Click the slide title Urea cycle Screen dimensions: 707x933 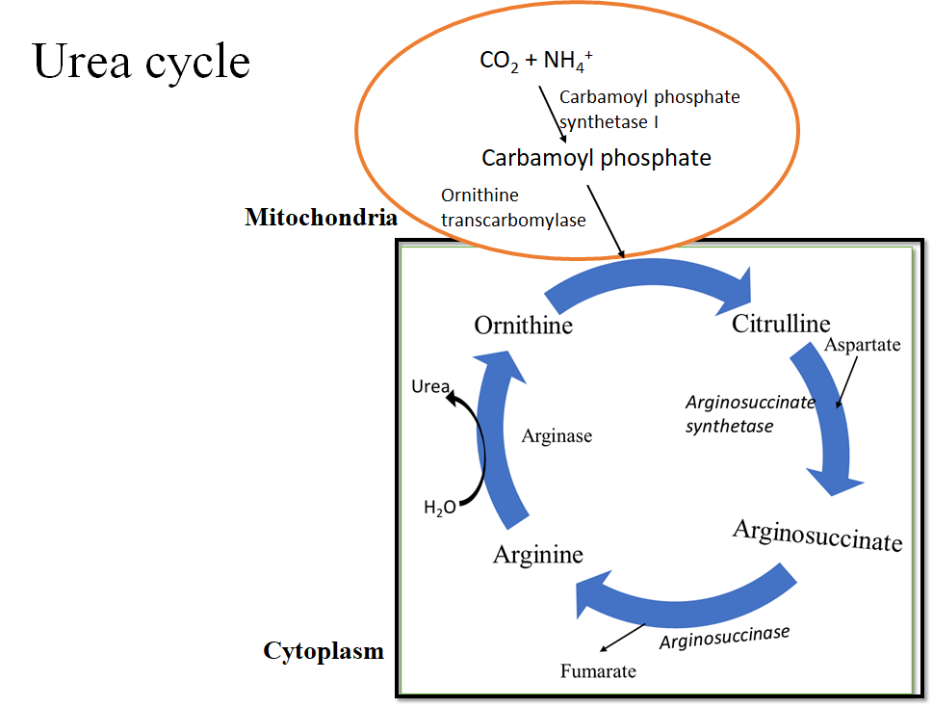point(142,62)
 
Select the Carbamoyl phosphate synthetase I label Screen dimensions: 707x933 point(649,109)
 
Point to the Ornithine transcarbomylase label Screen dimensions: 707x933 point(512,208)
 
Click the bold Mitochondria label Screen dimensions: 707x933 point(321,217)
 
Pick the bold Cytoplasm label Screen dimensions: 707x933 point(324,652)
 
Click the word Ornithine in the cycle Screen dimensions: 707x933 point(523,326)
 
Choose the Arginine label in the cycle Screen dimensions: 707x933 point(537,555)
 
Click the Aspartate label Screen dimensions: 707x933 point(863,344)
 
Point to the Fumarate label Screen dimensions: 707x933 point(598,670)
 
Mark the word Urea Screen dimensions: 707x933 point(429,387)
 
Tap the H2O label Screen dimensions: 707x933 point(439,508)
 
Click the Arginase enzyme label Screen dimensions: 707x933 point(557,436)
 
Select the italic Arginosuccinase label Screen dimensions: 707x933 point(724,637)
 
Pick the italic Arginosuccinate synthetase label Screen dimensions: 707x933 point(749,413)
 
